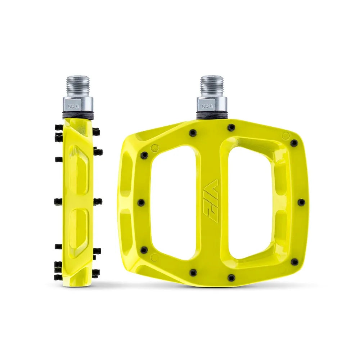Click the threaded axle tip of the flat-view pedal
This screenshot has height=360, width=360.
212,85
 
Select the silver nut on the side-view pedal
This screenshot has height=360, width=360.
78,105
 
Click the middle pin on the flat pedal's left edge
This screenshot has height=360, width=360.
141,202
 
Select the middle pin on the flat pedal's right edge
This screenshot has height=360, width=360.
301,202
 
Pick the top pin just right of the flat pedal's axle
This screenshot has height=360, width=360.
231,127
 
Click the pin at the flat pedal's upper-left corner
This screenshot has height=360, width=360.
144,155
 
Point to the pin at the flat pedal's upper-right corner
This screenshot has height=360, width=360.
294,143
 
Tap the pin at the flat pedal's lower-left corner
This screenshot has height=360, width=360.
144,249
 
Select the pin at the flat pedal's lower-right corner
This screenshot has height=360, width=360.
294,262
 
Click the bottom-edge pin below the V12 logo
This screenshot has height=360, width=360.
192,273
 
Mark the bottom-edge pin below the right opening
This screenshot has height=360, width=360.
231,277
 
